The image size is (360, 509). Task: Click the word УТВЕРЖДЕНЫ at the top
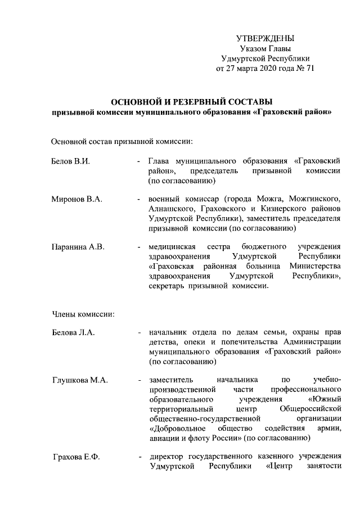coord(265,38)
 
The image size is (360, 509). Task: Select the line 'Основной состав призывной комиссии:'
coord(123,140)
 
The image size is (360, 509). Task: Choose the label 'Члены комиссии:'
coord(83,313)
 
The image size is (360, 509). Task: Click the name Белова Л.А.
coord(73,333)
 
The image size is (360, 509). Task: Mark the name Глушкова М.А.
coord(79,380)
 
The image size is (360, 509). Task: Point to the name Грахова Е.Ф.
coord(76,456)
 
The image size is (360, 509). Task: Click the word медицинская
coord(172,246)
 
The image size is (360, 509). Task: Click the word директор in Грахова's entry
coord(168,456)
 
